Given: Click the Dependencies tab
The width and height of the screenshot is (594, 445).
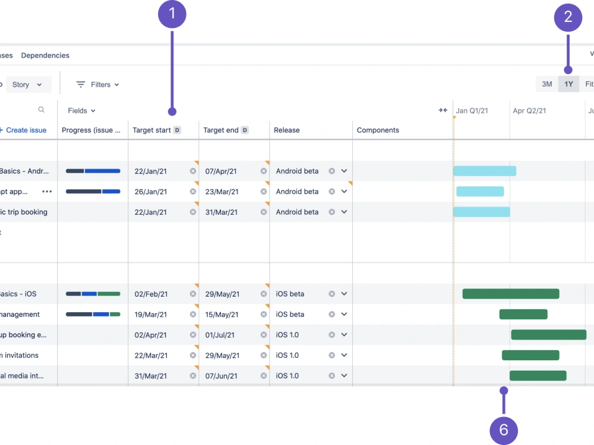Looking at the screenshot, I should (45, 55).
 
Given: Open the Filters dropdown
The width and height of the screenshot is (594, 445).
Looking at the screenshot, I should (98, 85).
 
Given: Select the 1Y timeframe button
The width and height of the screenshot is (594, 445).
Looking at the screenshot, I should (568, 84).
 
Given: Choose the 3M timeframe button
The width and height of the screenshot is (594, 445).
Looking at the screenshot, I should (546, 84).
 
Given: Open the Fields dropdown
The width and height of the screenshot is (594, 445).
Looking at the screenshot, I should (81, 110).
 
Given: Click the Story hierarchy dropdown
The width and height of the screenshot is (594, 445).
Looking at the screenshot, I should (27, 85).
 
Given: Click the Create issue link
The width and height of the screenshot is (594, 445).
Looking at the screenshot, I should (25, 130).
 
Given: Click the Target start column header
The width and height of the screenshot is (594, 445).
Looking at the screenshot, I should (152, 130).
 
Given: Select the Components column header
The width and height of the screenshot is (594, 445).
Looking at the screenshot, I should (378, 130).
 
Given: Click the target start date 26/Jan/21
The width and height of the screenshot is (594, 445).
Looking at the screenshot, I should (151, 192).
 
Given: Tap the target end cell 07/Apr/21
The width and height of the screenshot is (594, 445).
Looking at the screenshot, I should (221, 171).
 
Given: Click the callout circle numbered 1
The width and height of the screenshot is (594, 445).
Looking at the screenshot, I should (172, 14).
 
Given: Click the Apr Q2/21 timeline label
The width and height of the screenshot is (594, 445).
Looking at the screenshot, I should (529, 110).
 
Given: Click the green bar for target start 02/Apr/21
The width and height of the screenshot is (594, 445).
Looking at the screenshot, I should (548, 335).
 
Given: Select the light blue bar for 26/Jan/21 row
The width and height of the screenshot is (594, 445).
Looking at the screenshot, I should (480, 192).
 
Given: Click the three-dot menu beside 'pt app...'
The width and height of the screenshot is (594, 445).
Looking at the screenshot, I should (47, 192).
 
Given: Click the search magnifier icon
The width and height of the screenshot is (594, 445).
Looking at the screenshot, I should (41, 110).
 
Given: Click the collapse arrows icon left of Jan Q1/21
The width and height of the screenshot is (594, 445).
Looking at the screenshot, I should (443, 110).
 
